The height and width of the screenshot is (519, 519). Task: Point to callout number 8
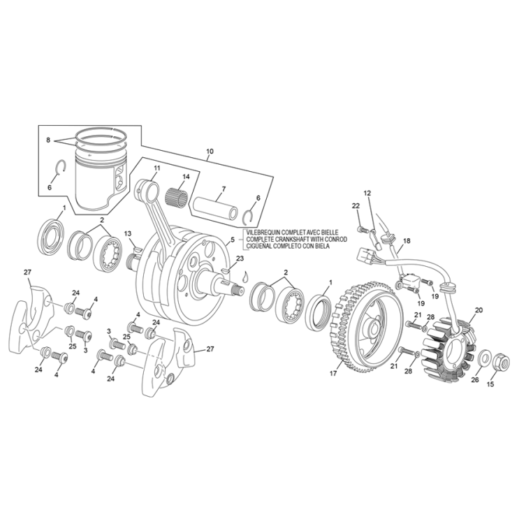pos(48,140)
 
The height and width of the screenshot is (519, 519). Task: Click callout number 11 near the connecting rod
pos(156,168)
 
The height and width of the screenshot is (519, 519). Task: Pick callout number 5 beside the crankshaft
pos(231,240)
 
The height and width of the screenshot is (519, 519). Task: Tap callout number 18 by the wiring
pos(407,241)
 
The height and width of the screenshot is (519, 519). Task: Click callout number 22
pos(356,205)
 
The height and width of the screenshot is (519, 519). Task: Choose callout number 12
pos(367,193)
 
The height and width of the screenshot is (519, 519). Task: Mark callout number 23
pos(240,258)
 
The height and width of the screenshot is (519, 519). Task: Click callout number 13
pos(128,233)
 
